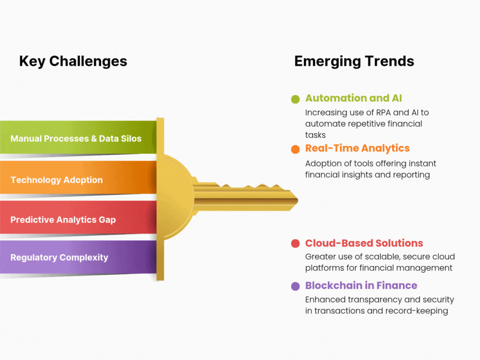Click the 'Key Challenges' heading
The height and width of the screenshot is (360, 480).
pyautogui.click(x=73, y=61)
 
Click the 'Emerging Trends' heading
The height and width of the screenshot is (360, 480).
pyautogui.click(x=354, y=61)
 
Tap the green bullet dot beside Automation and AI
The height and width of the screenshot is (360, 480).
pyautogui.click(x=295, y=99)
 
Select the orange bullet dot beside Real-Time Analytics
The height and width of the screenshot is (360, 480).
pyautogui.click(x=295, y=150)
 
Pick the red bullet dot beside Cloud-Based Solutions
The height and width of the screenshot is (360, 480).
pyautogui.click(x=295, y=244)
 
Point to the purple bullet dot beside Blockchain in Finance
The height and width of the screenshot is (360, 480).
pyautogui.click(x=295, y=286)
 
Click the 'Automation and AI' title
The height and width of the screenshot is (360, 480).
pyautogui.click(x=353, y=98)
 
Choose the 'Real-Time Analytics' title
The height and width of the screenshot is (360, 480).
pyautogui.click(x=357, y=149)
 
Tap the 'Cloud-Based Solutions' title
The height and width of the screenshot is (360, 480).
pyautogui.click(x=364, y=243)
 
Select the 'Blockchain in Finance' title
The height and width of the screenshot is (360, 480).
pyautogui.click(x=361, y=285)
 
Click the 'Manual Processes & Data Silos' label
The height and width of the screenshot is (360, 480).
pyautogui.click(x=76, y=139)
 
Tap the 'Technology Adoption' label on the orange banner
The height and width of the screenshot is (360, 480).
pyautogui.click(x=57, y=180)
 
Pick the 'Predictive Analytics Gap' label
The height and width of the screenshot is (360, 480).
pyautogui.click(x=63, y=220)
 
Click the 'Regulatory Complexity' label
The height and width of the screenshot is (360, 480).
pyautogui.click(x=60, y=257)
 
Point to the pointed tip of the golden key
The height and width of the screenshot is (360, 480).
pyautogui.click(x=298, y=201)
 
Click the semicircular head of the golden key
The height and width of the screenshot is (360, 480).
pyautogui.click(x=177, y=196)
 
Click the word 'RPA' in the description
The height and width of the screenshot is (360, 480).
pyautogui.click(x=383, y=112)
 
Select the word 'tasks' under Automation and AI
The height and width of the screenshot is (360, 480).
pyautogui.click(x=315, y=135)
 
